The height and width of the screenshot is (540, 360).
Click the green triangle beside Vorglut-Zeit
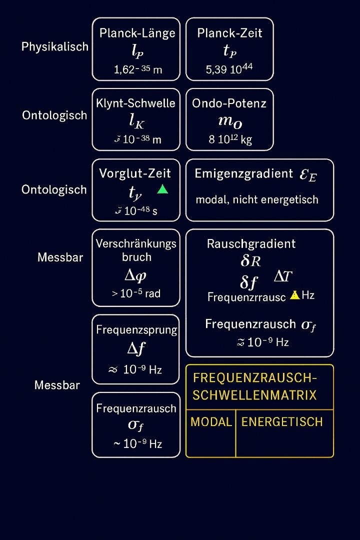coord(162,189)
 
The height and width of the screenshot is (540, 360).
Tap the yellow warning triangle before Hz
coord(295,294)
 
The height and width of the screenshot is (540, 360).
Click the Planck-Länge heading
coord(137,33)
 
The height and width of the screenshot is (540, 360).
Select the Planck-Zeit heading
coord(229,33)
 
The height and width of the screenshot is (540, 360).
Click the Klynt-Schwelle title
coord(136,103)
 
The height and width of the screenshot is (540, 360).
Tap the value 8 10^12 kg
coord(230,139)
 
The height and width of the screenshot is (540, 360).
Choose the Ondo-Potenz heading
coord(229,103)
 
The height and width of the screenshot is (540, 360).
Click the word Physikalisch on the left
coord(55,47)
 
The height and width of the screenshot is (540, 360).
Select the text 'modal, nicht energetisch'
coord(257,199)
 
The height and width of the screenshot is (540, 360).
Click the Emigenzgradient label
coord(243,174)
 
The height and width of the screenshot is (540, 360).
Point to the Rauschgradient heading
coord(251,244)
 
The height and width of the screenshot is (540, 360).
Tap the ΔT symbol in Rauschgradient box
coord(283,276)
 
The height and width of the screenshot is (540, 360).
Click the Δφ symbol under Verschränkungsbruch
coord(135,275)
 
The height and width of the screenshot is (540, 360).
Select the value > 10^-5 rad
coord(136,293)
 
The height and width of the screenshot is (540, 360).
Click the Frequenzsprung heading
coord(136,330)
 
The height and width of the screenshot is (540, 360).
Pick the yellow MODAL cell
coord(211,422)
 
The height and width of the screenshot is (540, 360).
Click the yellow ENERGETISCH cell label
coord(282,422)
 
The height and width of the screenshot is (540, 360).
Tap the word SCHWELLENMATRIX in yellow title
coord(254,395)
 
